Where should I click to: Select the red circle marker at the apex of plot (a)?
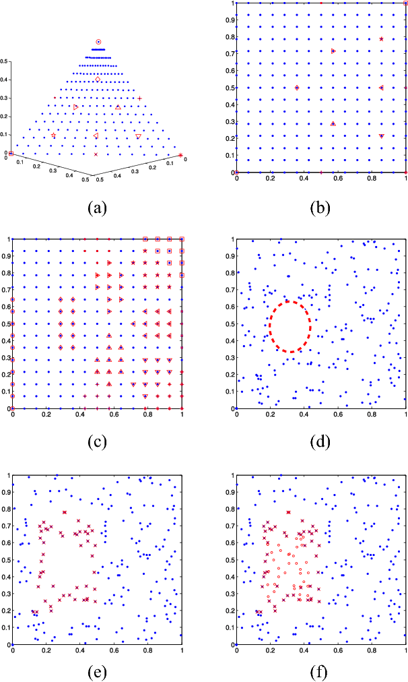click(98, 42)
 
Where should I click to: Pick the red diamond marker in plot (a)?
click(98, 80)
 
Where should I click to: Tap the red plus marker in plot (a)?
click(139, 98)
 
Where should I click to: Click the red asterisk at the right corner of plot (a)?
click(180, 156)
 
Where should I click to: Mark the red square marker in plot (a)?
click(11, 154)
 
